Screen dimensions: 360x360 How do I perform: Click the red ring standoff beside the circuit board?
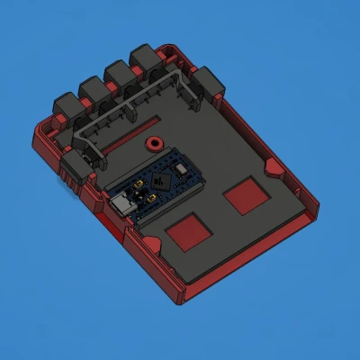pyautogui.click(x=154, y=142)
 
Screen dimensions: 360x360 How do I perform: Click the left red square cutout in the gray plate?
pyautogui.click(x=189, y=233)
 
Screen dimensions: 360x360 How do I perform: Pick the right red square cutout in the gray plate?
pyautogui.click(x=244, y=194)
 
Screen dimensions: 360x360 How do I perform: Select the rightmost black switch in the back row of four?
pyautogui.click(x=145, y=59)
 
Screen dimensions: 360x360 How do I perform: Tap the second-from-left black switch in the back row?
pyautogui.click(x=94, y=90)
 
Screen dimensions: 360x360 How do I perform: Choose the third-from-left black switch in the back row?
pyautogui.click(x=119, y=75)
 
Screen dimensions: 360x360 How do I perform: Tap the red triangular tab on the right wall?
pyautogui.click(x=270, y=166)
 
